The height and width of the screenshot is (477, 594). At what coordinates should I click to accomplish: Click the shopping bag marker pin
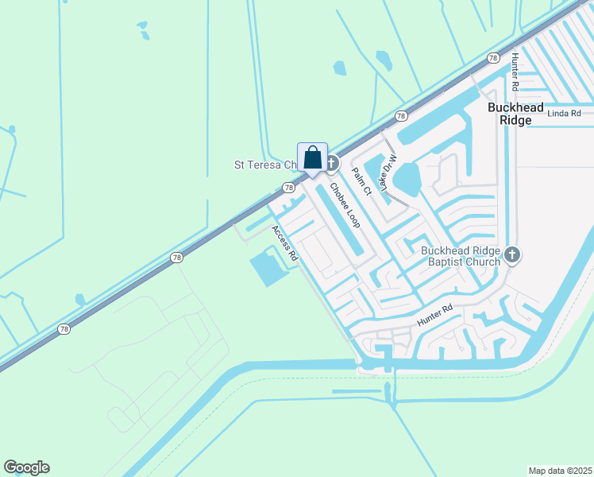pyautogui.click(x=312, y=157)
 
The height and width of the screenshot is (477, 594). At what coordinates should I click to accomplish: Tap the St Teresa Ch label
pyautogui.click(x=264, y=165)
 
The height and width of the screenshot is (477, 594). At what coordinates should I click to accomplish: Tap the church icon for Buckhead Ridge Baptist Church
pyautogui.click(x=512, y=255)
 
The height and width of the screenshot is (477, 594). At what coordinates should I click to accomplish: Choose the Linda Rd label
pyautogui.click(x=564, y=114)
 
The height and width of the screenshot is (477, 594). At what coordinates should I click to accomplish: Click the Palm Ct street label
pyautogui.click(x=361, y=181)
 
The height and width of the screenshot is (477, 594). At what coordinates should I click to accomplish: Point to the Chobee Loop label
pyautogui.click(x=345, y=205)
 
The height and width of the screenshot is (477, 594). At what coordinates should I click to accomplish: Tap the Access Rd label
pyautogui.click(x=283, y=243)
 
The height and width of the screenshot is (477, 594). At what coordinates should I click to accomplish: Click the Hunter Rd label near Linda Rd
pyautogui.click(x=515, y=71)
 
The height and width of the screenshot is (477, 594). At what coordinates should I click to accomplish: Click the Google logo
pyautogui.click(x=26, y=467)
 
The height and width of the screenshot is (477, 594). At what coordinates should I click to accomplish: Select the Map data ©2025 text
pyautogui.click(x=560, y=470)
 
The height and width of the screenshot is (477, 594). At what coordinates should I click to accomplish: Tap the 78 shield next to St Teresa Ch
pyautogui.click(x=288, y=188)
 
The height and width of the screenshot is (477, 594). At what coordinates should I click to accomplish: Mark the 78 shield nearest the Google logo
pyautogui.click(x=62, y=328)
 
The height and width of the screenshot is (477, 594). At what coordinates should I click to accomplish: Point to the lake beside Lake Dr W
pyautogui.click(x=407, y=179)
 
